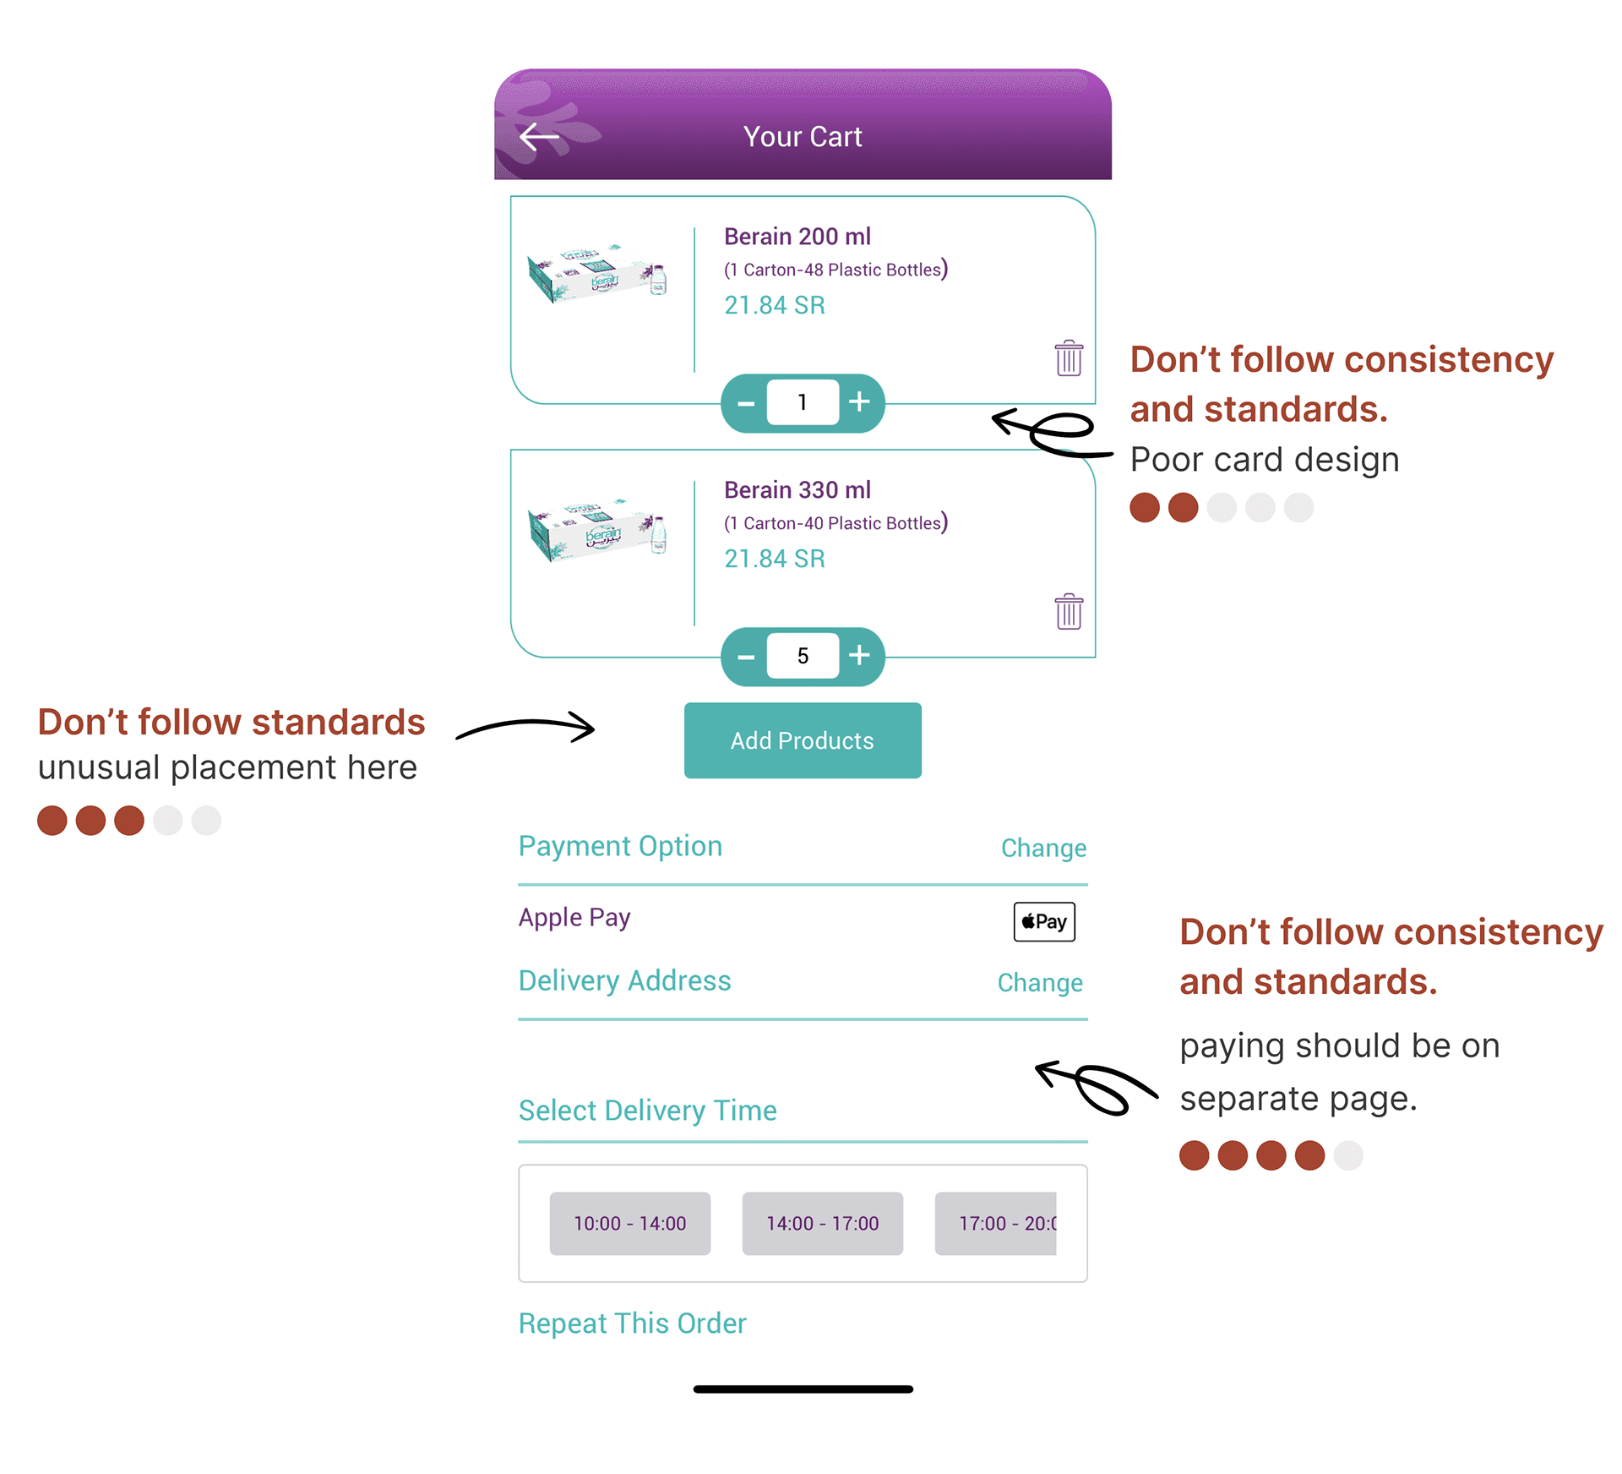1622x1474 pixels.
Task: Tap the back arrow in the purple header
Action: pos(539,136)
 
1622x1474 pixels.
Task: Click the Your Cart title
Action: pos(803,137)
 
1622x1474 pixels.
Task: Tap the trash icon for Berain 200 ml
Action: pos(1069,358)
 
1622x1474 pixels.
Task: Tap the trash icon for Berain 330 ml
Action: pos(1069,611)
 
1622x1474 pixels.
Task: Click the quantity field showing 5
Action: pos(803,656)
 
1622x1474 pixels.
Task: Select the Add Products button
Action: pos(803,740)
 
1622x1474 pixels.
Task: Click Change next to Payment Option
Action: pos(1043,848)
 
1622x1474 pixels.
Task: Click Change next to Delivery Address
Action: pos(1040,982)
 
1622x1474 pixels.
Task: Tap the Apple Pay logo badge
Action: pos(1044,921)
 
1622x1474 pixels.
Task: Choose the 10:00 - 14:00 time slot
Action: pos(630,1223)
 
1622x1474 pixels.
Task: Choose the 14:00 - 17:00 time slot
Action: pos(823,1223)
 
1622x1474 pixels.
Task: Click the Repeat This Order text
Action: pos(633,1324)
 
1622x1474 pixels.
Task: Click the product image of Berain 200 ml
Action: pos(598,274)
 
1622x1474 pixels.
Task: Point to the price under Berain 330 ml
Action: pos(775,559)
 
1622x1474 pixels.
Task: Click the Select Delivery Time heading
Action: pos(648,1111)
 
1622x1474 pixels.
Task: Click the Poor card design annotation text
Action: pos(1265,460)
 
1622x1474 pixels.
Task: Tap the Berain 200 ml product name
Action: pos(797,237)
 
